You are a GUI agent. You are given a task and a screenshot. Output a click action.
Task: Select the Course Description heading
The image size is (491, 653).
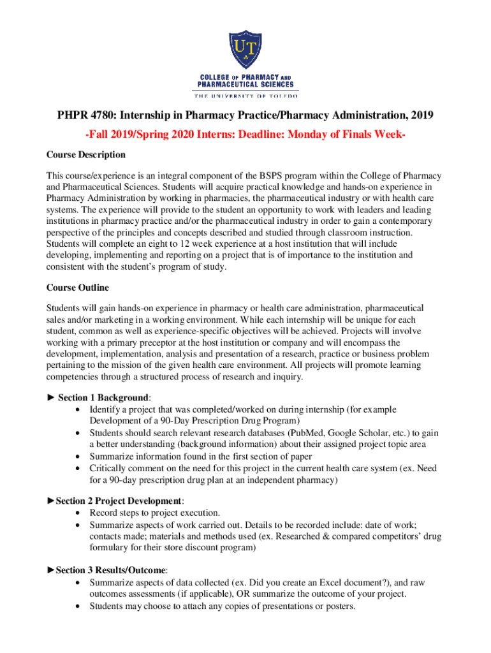[x=86, y=155]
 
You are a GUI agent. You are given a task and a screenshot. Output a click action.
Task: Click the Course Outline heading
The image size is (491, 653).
[x=78, y=288]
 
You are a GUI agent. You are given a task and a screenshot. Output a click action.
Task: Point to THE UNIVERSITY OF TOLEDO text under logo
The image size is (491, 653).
[x=246, y=96]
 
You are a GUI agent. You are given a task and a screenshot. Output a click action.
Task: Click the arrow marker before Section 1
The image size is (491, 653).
[x=51, y=397]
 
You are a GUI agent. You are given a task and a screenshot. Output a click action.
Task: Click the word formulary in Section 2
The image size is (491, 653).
[x=109, y=547]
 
